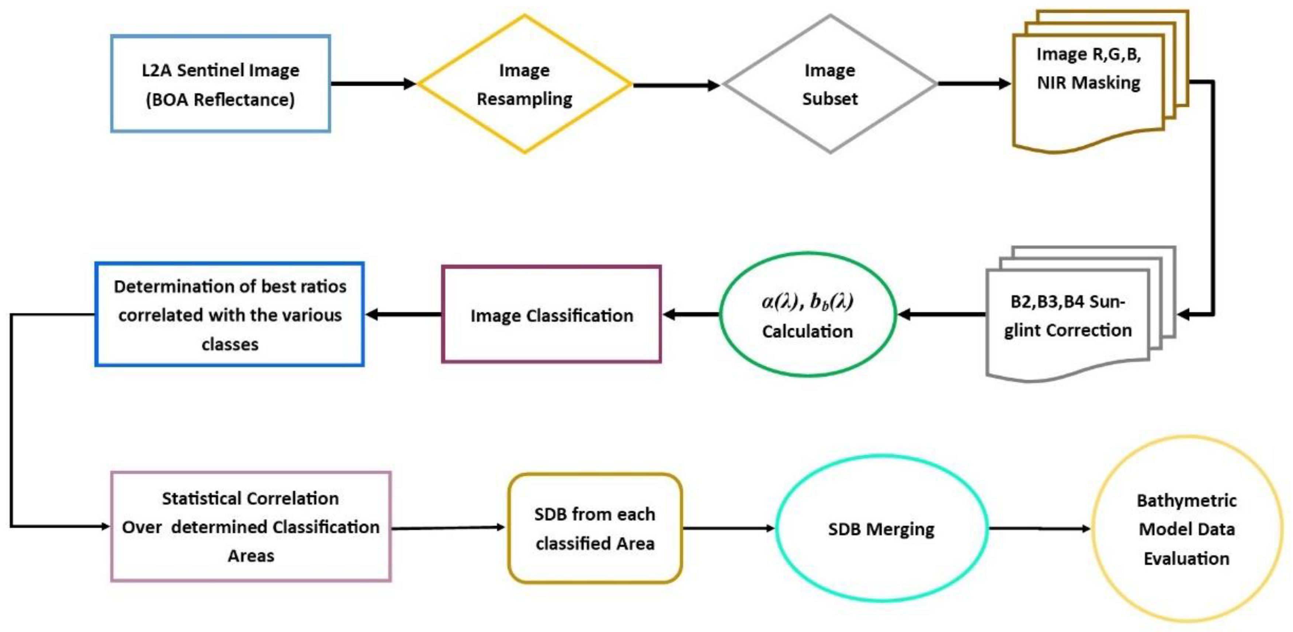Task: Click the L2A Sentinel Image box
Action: coord(220,84)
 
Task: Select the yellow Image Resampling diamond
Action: coord(524,84)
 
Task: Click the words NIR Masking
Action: coord(1088,82)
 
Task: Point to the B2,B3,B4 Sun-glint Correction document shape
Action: coord(1068,316)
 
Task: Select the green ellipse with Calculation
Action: coord(807,315)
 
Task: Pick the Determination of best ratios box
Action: coord(229,315)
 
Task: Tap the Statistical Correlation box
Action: coord(250,526)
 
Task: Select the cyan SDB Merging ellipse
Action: coord(881,529)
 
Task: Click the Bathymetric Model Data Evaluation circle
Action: coord(1186,529)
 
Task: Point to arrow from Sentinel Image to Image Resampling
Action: coord(374,84)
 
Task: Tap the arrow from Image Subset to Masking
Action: coord(973,84)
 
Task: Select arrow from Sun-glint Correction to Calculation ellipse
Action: coord(942,315)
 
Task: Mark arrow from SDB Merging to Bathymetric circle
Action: coord(1039,529)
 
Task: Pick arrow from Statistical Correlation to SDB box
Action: coord(448,528)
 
